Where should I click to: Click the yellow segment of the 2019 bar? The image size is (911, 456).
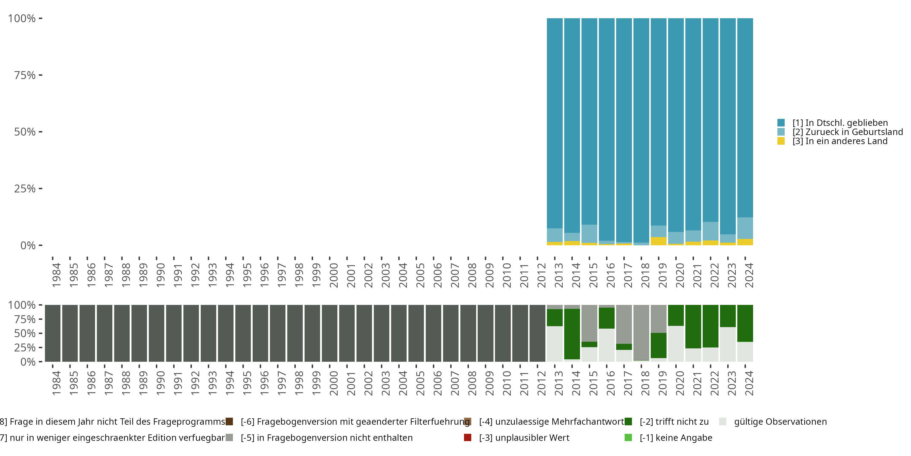pyautogui.click(x=658, y=241)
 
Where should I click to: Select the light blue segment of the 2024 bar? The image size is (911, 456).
pyautogui.click(x=745, y=228)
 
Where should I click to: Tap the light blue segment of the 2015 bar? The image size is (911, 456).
pyautogui.click(x=589, y=234)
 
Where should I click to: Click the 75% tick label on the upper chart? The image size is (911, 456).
pyautogui.click(x=25, y=75)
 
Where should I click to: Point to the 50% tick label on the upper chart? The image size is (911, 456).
pyautogui.click(x=25, y=132)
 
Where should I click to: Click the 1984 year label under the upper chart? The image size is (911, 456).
pyautogui.click(x=56, y=275)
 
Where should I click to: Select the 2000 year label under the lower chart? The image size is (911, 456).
pyautogui.click(x=333, y=383)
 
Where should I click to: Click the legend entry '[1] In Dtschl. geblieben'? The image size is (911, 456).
pyautogui.click(x=840, y=123)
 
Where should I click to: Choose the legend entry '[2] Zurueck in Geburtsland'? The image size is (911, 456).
pyautogui.click(x=847, y=132)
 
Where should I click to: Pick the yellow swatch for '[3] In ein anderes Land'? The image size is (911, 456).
pyautogui.click(x=781, y=141)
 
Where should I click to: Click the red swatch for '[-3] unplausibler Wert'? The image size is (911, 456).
pyautogui.click(x=468, y=437)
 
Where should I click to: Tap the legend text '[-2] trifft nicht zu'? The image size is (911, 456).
pyautogui.click(x=674, y=422)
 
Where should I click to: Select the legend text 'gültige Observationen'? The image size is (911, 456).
pyautogui.click(x=780, y=422)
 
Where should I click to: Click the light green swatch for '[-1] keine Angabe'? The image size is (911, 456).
pyautogui.click(x=628, y=437)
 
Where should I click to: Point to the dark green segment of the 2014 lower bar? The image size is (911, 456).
pyautogui.click(x=572, y=334)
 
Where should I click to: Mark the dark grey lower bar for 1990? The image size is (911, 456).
pyautogui.click(x=157, y=333)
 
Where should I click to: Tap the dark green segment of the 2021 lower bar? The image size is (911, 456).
pyautogui.click(x=693, y=326)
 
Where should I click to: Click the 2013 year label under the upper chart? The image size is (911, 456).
pyautogui.click(x=558, y=275)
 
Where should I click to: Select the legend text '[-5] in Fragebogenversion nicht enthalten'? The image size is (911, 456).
pyautogui.click(x=326, y=437)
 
